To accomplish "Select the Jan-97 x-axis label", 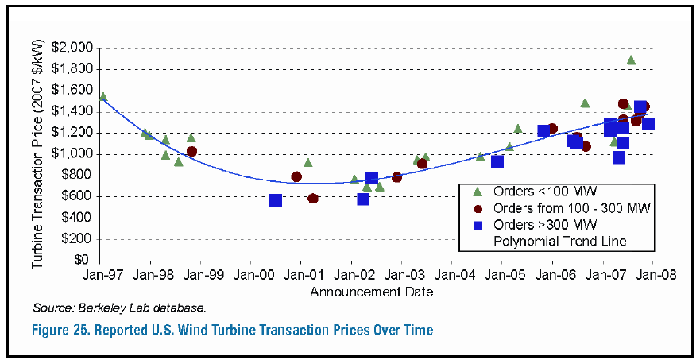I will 99,276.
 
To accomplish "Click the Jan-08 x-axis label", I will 653,276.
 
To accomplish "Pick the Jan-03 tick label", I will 401,276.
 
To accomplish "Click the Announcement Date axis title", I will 372,292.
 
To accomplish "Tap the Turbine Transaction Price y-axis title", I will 37,153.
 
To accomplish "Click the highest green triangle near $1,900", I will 631,60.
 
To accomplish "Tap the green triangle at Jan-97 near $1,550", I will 102,97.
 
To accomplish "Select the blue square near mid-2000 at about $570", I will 276,200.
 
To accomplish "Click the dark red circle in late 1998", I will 191,151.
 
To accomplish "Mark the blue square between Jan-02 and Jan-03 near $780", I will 371,178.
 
